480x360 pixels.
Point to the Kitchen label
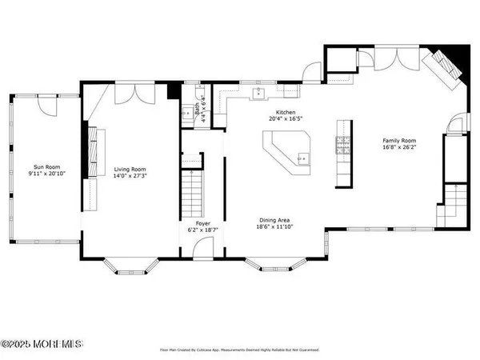pyautogui.click(x=286, y=113)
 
